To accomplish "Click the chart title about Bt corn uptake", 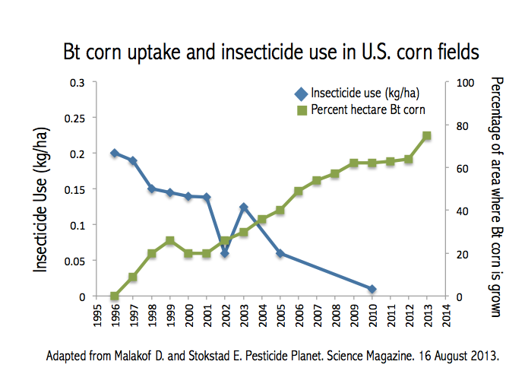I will coord(270,52).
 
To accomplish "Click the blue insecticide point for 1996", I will coord(114,153).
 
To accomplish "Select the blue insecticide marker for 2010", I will coord(372,289).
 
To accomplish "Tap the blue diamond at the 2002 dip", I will coord(225,253).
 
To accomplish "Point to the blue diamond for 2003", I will coord(243,207).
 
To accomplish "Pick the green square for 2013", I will coord(427,135).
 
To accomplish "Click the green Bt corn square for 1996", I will coord(114,296).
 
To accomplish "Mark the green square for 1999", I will coord(169,240).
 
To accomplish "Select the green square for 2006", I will coord(299,192).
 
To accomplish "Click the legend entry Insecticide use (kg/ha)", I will coord(365,94).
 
